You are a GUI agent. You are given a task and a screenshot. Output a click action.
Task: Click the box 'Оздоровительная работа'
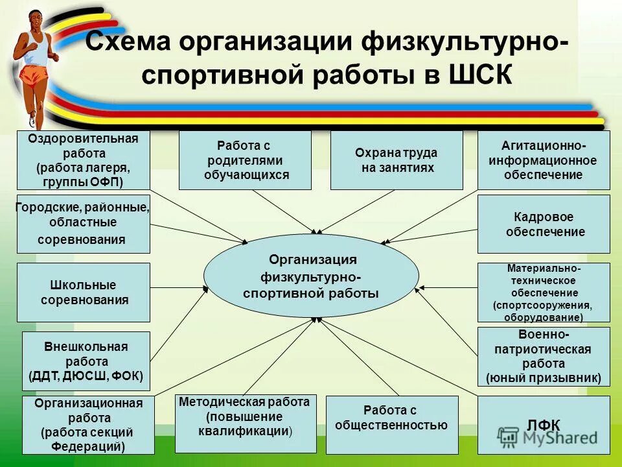point(84,160)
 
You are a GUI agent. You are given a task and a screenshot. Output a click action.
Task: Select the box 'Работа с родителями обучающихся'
point(245,160)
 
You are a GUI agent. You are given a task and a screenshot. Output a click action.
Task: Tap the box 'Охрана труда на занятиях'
point(397,160)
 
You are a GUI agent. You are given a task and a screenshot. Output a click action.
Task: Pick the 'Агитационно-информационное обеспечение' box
point(544,160)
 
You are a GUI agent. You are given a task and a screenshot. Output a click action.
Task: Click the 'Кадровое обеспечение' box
point(544,224)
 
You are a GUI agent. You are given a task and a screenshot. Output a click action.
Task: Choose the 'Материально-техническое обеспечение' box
point(544,293)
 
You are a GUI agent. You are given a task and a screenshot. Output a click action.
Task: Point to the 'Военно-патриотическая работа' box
point(544,357)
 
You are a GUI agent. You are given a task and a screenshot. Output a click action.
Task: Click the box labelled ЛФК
point(544,425)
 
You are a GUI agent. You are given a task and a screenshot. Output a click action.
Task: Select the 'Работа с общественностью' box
point(391,425)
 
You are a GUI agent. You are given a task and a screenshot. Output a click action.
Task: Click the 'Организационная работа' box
point(88,425)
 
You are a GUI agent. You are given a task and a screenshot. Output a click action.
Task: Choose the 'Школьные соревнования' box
point(84,293)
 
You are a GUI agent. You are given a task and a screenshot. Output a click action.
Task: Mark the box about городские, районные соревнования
point(84,224)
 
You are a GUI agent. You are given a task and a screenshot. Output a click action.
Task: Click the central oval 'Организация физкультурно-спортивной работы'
point(311,276)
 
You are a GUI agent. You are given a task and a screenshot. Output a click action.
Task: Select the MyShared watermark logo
point(547,437)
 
